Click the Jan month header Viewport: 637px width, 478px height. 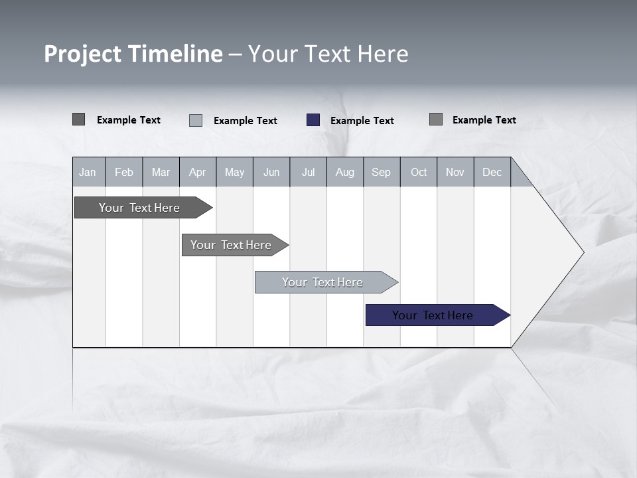[88, 172]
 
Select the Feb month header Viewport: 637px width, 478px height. [124, 172]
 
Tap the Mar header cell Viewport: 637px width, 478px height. [161, 172]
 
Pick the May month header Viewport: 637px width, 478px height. [234, 172]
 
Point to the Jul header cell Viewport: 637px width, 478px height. [308, 172]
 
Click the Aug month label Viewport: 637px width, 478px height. [344, 172]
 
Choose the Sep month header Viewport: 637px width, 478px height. [381, 172]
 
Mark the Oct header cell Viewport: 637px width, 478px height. [419, 172]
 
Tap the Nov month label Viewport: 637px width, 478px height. [455, 172]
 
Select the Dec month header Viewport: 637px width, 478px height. [492, 172]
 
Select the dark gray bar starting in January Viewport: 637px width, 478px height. [139, 208]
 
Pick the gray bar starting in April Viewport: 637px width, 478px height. [231, 245]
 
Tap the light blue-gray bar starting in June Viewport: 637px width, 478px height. [322, 282]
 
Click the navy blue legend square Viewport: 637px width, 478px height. [313, 120]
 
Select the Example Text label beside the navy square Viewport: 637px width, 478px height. [362, 121]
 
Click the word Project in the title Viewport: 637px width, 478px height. [82, 54]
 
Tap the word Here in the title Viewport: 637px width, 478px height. [383, 54]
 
